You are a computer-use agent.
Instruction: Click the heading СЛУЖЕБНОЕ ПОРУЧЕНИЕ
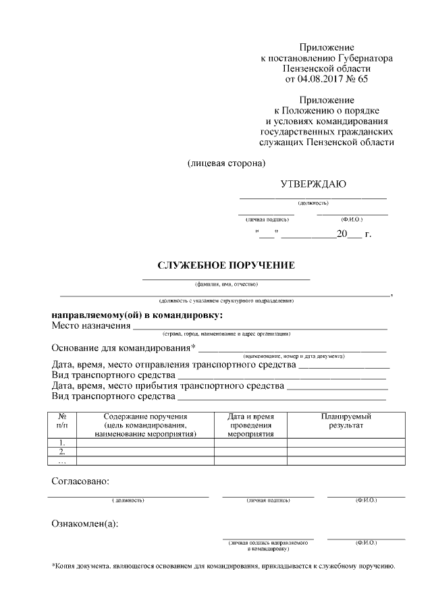point(226,266)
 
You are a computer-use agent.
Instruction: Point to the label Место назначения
point(90,326)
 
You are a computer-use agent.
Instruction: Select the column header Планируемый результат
point(346,421)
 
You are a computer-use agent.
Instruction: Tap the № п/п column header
point(62,421)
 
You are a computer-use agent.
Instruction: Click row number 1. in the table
point(62,443)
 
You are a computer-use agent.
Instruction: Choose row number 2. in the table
point(62,452)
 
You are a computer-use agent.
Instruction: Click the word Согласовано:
point(80,481)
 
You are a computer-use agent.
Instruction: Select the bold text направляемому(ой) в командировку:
point(137,315)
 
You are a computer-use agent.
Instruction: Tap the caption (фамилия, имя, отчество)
point(226,284)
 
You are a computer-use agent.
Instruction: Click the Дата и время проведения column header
point(250,425)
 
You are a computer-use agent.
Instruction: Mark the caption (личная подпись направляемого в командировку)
point(268,545)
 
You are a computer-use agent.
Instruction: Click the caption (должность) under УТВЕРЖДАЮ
point(313,203)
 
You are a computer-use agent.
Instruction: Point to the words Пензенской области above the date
point(327,69)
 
